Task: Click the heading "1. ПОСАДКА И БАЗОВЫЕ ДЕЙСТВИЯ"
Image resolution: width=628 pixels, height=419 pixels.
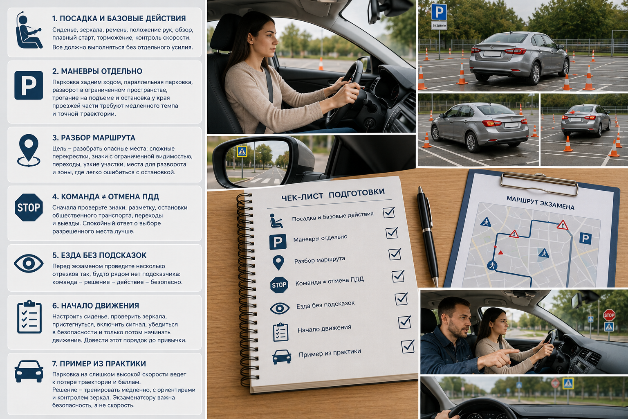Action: point(119,18)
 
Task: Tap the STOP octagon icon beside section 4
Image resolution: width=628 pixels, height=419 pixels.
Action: point(29,207)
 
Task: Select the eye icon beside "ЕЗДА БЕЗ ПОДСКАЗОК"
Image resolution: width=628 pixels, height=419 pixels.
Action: point(29,264)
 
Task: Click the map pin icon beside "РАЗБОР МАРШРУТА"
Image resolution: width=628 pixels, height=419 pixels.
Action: point(29,151)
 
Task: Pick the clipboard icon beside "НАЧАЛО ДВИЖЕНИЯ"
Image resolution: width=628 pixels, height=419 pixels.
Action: point(29,317)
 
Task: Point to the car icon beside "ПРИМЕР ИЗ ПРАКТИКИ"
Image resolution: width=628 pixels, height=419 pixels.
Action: point(29,371)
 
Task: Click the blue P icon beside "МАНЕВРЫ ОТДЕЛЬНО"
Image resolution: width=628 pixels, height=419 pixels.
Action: point(29,86)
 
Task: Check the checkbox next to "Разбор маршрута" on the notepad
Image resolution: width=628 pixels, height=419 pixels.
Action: point(395,254)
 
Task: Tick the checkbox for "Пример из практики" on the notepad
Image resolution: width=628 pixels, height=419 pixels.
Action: point(408,346)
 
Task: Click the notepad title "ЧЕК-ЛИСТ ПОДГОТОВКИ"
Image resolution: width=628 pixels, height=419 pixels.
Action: point(333,194)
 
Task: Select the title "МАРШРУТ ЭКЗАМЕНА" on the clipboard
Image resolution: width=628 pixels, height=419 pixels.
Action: point(540,203)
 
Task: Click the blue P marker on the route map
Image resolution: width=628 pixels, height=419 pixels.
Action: point(585,239)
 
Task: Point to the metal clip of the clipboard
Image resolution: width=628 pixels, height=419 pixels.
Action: point(539,183)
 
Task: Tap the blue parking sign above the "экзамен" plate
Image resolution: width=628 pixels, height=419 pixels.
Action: point(439,12)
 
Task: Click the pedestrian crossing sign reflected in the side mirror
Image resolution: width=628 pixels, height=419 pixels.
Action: point(242,151)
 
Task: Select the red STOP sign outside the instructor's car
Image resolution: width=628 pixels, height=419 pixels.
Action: point(609,315)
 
